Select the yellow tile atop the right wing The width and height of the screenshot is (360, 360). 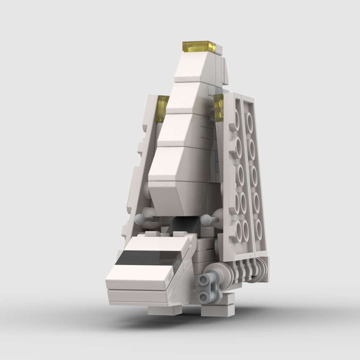pos(219,108)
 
